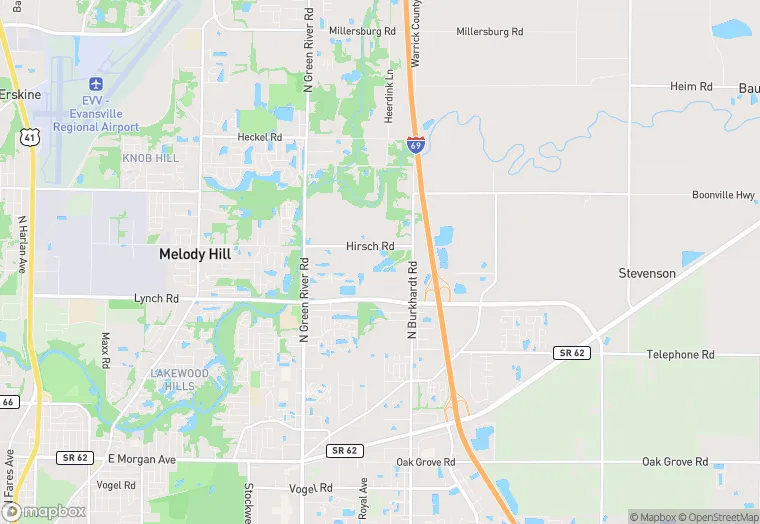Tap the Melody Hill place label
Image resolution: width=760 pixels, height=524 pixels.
pos(195,254)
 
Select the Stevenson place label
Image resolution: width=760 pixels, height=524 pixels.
pos(647,273)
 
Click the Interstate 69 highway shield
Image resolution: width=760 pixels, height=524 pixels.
pos(416,145)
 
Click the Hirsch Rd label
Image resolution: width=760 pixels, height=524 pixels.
pos(370,246)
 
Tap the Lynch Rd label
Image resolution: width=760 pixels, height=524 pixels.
pos(156,298)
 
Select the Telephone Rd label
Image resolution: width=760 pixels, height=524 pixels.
pos(680,354)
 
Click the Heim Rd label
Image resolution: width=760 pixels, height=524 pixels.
pos(691,87)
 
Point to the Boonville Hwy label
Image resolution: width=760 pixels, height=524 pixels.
pos(723,195)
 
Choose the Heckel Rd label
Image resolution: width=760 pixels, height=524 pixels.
pos(259,137)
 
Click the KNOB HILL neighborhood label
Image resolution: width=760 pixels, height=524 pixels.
pos(150,158)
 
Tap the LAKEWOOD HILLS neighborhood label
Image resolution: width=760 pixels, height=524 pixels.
pos(180,379)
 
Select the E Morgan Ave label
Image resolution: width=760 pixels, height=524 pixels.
pos(141,459)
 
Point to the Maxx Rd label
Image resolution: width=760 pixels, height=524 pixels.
pos(104,349)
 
